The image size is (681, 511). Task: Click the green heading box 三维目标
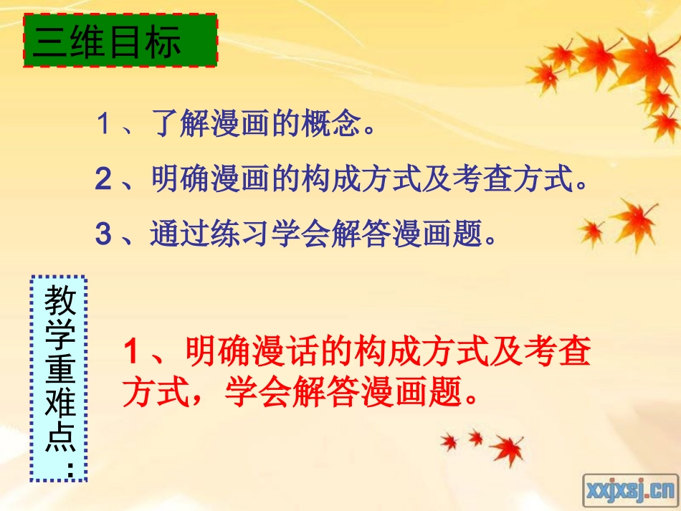pyautogui.click(x=120, y=42)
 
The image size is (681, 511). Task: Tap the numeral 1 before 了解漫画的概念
pyautogui.click(x=105, y=126)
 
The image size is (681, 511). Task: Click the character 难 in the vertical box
pyautogui.click(x=59, y=404)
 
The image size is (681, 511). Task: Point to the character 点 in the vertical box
pyautogui.click(x=59, y=437)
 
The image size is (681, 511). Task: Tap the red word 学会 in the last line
pyautogui.click(x=256, y=392)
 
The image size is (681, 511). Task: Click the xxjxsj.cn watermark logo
pyautogui.click(x=629, y=489)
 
